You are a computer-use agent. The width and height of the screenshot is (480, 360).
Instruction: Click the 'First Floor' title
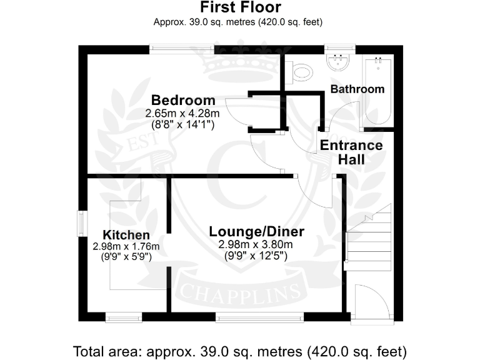pos(241,7)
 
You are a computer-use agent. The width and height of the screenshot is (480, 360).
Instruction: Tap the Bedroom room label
pos(183,100)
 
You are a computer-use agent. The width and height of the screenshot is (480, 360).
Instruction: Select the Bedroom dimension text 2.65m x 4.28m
pos(182,114)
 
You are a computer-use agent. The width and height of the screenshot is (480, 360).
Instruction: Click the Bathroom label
pos(357,89)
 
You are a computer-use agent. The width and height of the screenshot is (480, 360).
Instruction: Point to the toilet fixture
pos(301,72)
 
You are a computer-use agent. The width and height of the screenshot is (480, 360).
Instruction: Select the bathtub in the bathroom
pos(379,91)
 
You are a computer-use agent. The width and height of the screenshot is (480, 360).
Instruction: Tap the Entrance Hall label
pos(351,152)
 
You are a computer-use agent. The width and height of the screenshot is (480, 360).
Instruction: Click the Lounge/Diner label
pos(256,232)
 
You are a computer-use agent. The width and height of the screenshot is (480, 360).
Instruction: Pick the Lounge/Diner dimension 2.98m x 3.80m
pos(255,244)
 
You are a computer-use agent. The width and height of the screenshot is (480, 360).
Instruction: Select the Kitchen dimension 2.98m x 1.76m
pos(126,246)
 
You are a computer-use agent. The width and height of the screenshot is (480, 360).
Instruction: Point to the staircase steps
pos(367,241)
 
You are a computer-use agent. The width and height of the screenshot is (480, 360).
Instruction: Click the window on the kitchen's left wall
pos(81,224)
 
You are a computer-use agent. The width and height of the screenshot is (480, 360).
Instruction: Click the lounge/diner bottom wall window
pos(261,317)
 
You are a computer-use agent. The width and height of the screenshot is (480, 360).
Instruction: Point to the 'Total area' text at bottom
pos(240,349)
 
